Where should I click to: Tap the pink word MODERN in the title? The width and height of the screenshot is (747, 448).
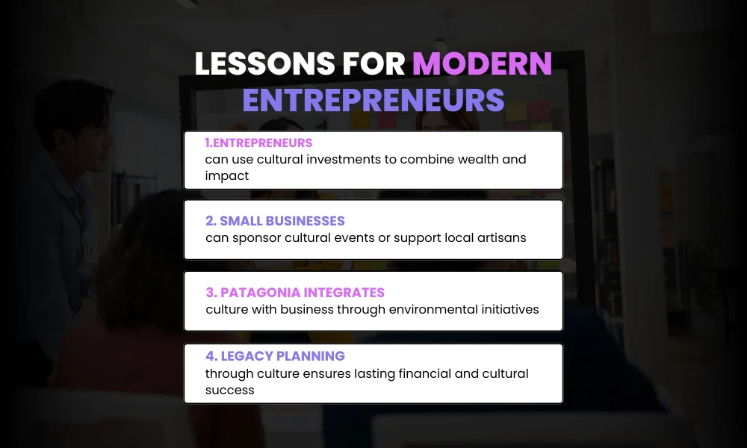pos(482,65)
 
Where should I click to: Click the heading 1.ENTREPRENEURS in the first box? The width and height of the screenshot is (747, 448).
pos(258,143)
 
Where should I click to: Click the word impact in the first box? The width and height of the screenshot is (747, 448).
pos(226,175)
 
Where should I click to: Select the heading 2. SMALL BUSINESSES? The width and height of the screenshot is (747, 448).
pos(275,221)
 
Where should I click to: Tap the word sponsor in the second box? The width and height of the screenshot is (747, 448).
pos(255,237)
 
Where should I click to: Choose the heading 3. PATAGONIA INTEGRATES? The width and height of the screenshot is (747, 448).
pos(295,293)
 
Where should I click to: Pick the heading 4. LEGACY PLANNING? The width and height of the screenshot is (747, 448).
pos(275,356)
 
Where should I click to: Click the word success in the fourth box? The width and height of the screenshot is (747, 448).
pos(230,390)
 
